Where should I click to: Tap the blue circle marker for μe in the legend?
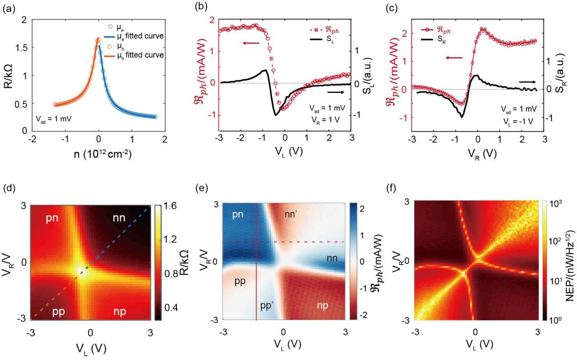110,26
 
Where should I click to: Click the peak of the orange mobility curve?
98,39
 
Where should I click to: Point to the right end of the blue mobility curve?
156,117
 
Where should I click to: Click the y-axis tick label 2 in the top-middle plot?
212,20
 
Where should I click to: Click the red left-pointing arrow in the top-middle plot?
251,43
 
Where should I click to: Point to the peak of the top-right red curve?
482,28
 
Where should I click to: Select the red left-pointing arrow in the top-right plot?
454,58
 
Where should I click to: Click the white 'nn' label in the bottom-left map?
119,217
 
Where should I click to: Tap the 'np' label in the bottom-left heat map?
119,311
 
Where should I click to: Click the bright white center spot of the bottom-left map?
82,271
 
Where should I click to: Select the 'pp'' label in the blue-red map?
267,306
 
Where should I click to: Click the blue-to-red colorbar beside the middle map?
353,261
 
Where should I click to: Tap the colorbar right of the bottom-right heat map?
545,261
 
